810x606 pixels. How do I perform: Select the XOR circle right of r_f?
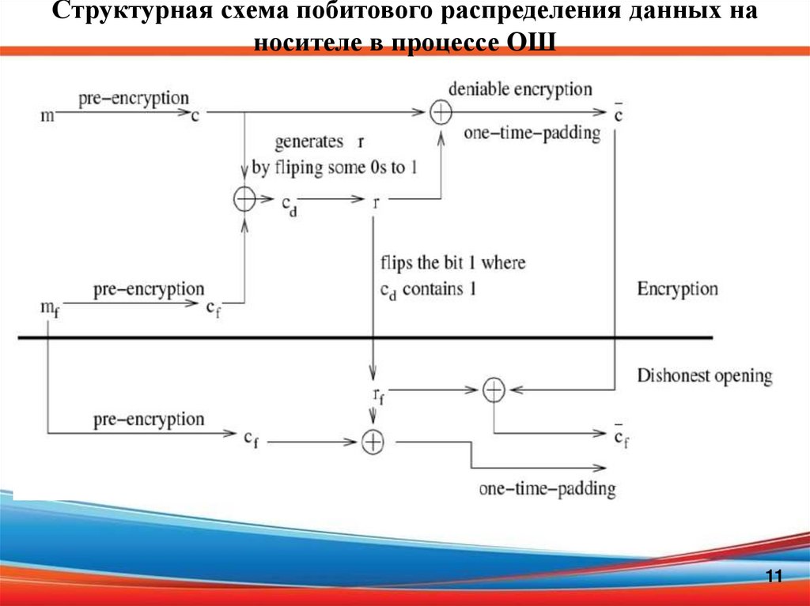pyautogui.click(x=494, y=389)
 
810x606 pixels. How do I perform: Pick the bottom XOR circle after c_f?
pyautogui.click(x=373, y=442)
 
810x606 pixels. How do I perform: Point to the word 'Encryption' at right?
pyautogui.click(x=678, y=288)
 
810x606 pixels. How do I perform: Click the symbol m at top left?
pyautogui.click(x=48, y=117)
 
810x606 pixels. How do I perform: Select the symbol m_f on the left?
pyautogui.click(x=49, y=307)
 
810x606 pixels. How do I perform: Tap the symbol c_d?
pyautogui.click(x=289, y=204)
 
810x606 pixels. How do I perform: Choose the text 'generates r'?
pyautogui.click(x=319, y=142)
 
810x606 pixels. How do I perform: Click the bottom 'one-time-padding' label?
pyautogui.click(x=547, y=488)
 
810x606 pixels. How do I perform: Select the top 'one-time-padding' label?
pyautogui.click(x=532, y=134)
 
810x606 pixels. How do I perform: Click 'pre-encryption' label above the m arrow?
pyautogui.click(x=133, y=99)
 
